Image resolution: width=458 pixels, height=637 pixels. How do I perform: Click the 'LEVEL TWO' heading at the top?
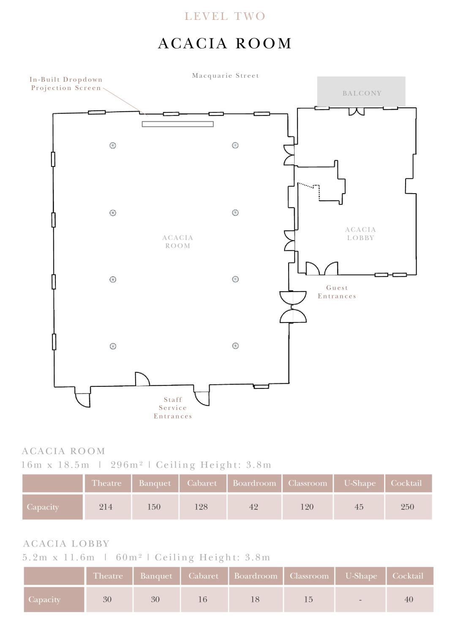pos(225,16)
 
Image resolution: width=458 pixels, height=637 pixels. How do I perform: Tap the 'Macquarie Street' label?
pos(226,76)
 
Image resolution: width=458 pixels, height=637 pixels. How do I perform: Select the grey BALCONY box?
pos(361,92)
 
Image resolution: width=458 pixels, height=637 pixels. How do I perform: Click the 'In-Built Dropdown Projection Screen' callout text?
pos(66,84)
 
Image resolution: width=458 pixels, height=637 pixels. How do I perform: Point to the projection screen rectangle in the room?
pos(178,124)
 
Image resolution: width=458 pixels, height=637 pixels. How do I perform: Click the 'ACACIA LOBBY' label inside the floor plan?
pos(360,234)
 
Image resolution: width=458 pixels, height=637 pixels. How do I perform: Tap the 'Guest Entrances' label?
pos(337,292)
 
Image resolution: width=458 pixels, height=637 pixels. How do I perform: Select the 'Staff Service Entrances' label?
pos(173,408)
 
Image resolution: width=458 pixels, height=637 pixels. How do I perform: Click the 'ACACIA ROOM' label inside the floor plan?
pos(178,242)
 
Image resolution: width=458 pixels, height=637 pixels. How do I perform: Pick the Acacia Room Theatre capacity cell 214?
pos(106,507)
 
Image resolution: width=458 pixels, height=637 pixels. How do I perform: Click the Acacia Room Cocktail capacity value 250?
pos(407,507)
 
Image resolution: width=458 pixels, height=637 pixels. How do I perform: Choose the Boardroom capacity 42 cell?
pos(254,507)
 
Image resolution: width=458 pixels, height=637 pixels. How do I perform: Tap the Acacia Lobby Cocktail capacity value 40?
pos(409,599)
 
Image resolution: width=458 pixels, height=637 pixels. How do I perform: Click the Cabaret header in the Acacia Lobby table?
pos(204,576)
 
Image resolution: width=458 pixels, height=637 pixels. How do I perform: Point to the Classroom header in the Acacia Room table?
pos(308,483)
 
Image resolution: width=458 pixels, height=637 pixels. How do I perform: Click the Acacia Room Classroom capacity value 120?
pos(307,507)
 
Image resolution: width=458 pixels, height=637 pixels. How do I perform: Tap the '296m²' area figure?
pos(126,465)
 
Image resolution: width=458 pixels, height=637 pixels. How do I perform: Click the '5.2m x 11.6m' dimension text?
pos(59,558)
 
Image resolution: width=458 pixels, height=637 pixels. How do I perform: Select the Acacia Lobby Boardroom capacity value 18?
pos(255,599)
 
